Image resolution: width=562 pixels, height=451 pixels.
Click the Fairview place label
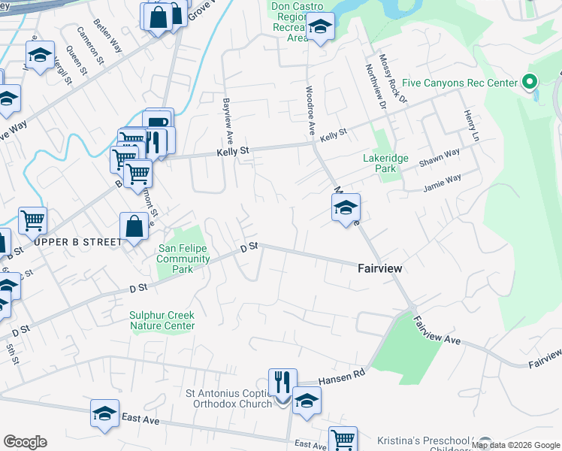[379, 268]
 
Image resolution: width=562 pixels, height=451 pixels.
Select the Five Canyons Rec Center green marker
[529, 82]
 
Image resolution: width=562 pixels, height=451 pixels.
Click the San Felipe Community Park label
[183, 259]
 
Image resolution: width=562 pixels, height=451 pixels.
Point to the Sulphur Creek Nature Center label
[162, 321]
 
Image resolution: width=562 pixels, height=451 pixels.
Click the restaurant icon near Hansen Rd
[283, 383]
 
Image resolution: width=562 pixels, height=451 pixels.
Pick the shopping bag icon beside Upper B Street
[133, 226]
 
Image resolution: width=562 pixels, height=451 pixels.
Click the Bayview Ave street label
[225, 120]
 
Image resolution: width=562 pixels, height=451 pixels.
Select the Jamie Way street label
[442, 183]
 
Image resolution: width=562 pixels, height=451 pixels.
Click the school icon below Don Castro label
[320, 27]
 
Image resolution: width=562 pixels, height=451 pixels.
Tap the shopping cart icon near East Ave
[343, 440]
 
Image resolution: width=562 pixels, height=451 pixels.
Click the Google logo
[26, 442]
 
